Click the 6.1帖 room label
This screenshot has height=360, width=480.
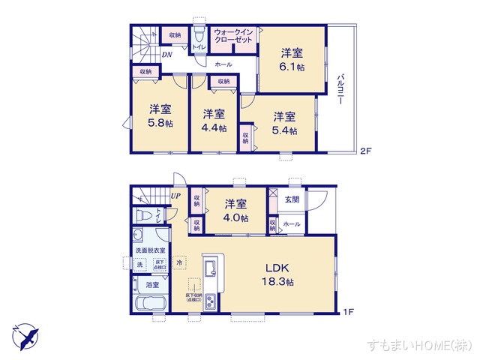point(293,59)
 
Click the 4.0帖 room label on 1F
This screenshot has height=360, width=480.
point(236,210)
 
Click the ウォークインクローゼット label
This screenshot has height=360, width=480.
point(234,36)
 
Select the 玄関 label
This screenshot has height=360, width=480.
point(292,199)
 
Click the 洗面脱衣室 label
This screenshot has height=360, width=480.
point(151,250)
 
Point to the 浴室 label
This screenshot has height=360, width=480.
point(152,286)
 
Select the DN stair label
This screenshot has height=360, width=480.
point(167,55)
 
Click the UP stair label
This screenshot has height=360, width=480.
point(175,196)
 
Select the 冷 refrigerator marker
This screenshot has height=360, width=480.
point(179,262)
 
